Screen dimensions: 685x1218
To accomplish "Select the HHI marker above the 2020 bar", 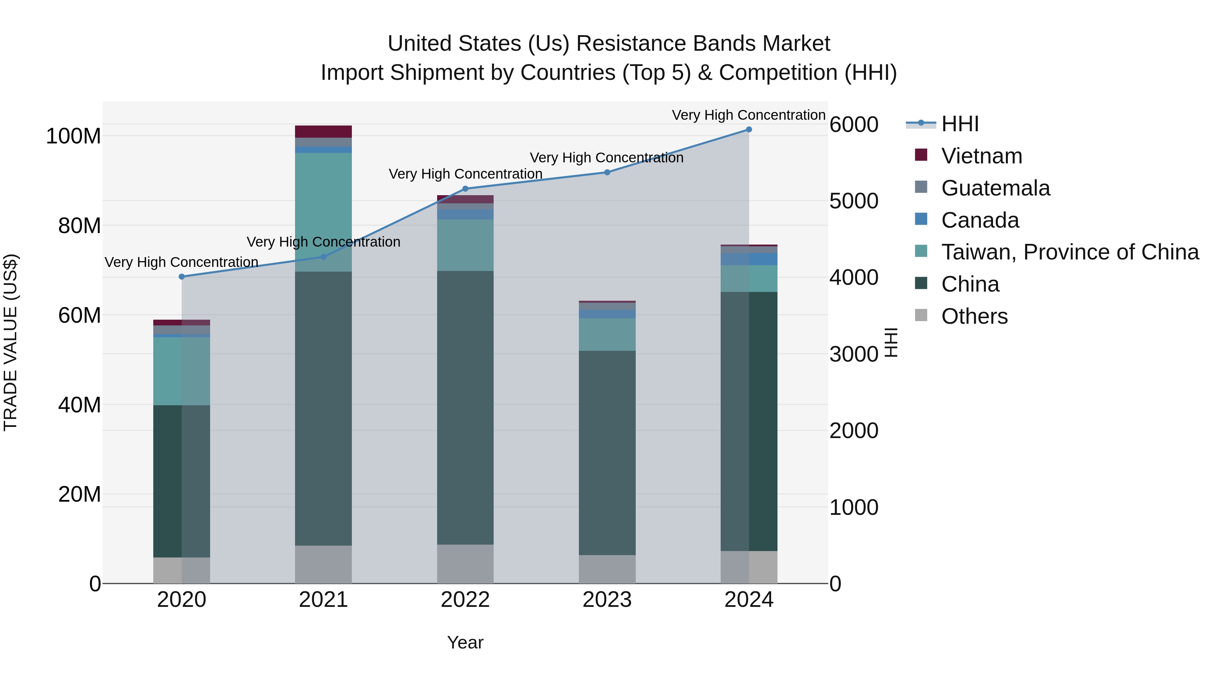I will [x=182, y=277].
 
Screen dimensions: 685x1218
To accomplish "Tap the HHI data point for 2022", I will [x=465, y=189].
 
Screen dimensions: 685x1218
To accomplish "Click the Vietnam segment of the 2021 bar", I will [x=323, y=132].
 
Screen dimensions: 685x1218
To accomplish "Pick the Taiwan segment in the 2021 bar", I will [x=323, y=212].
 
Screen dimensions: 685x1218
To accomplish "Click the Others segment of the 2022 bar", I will [x=465, y=564].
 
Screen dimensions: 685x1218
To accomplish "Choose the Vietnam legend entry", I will [x=981, y=156].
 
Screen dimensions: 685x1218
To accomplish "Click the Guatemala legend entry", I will [x=995, y=188].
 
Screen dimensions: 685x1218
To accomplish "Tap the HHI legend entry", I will [x=960, y=124].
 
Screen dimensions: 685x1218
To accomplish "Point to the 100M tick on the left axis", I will [x=73, y=136].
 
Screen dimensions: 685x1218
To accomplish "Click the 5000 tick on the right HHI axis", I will [x=854, y=201].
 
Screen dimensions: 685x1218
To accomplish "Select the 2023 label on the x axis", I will [x=607, y=600].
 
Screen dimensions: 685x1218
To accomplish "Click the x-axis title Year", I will [x=465, y=642].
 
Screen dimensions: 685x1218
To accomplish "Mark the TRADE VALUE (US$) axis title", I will [x=10, y=342].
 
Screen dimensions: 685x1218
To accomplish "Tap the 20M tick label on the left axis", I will [x=80, y=495].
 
